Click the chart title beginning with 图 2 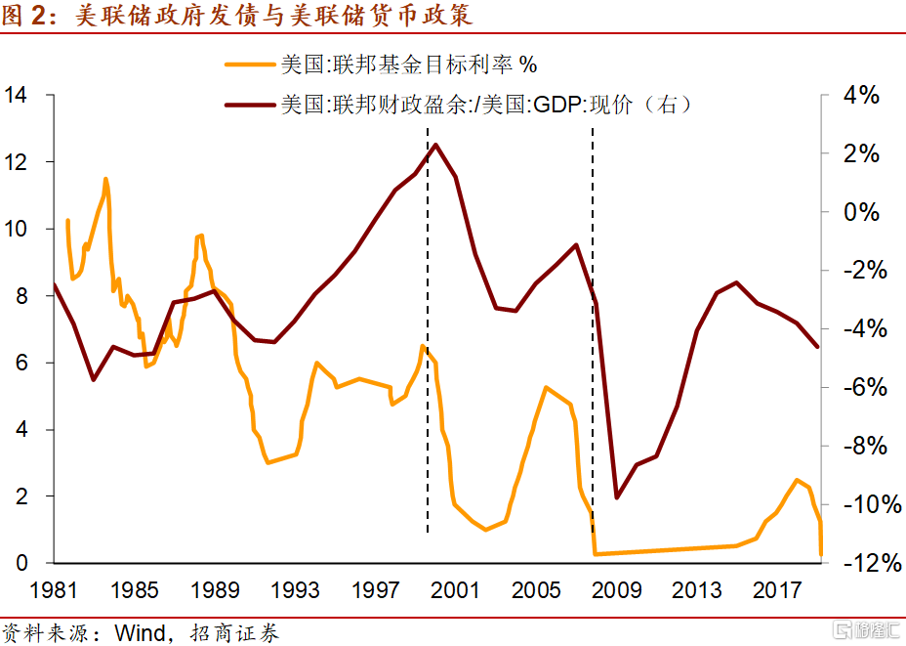pos(237,15)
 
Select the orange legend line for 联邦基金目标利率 pos(250,65)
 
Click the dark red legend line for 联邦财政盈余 pos(250,105)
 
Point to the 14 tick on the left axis pos(16,94)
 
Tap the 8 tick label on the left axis pos(21,296)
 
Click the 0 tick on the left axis pos(21,563)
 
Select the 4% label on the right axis pos(861,95)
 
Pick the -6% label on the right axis pos(865,387)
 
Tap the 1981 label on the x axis pos(53,590)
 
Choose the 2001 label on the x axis pos(455,590)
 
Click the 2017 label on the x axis pos(776,590)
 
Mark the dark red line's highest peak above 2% pos(435,145)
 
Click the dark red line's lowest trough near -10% pos(616,496)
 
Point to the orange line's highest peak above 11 pos(105,179)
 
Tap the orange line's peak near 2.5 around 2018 pos(797,480)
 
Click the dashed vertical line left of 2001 pos(428,329)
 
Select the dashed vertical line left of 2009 pos(593,329)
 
